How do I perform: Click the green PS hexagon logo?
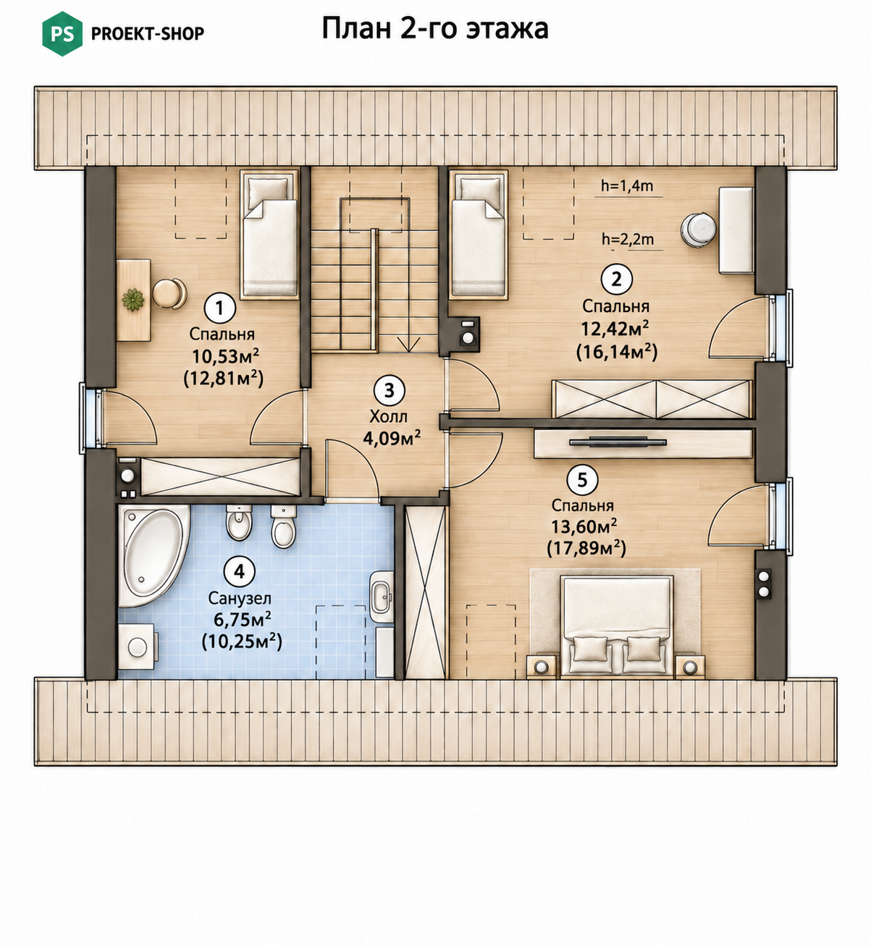pos(62,33)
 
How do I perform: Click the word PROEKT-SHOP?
pos(147,33)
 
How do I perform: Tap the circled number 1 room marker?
pos(219,308)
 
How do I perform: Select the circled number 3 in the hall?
pos(389,390)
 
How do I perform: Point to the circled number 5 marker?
pos(582,479)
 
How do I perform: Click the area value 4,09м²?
pos(392,438)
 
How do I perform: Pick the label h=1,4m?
pos(627,186)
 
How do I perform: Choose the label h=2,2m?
pos(628,240)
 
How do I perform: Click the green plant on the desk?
pos(132,300)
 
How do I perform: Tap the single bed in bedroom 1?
pos(269,235)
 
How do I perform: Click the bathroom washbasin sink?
pos(382,597)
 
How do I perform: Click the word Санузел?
pos(240,598)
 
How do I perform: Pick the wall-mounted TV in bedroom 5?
pos(618,442)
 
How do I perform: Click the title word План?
pos(356,28)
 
